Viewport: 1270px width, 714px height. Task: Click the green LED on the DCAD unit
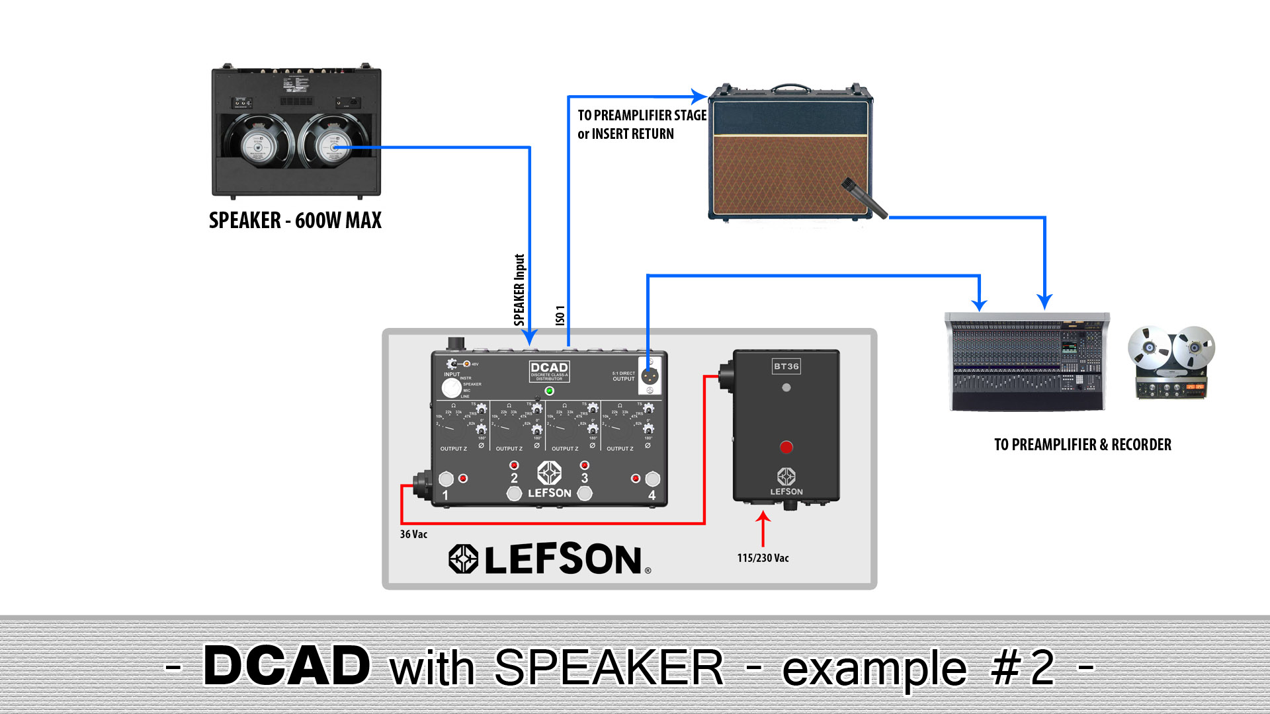pos(549,391)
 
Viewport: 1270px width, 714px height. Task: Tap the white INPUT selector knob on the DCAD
pos(452,387)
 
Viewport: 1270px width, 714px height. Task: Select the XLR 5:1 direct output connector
pos(650,376)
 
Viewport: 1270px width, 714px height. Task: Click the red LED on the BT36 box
pos(786,448)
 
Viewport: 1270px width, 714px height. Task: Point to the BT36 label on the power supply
pos(786,366)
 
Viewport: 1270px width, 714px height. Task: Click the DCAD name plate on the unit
pos(549,370)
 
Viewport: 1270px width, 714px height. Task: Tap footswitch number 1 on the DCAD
pos(446,479)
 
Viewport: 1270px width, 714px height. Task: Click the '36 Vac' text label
pos(413,534)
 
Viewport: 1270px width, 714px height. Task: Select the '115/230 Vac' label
pos(763,558)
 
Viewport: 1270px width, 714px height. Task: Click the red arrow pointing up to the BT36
pos(763,528)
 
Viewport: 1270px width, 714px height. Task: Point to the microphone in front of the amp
pos(864,197)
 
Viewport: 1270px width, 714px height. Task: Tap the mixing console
pos(1027,362)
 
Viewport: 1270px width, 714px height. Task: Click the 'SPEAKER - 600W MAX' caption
pos(295,220)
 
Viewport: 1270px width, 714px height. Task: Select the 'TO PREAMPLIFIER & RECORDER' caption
pos(1083,445)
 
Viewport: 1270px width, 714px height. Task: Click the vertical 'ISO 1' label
pos(560,315)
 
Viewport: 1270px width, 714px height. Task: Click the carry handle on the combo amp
pos(790,88)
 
